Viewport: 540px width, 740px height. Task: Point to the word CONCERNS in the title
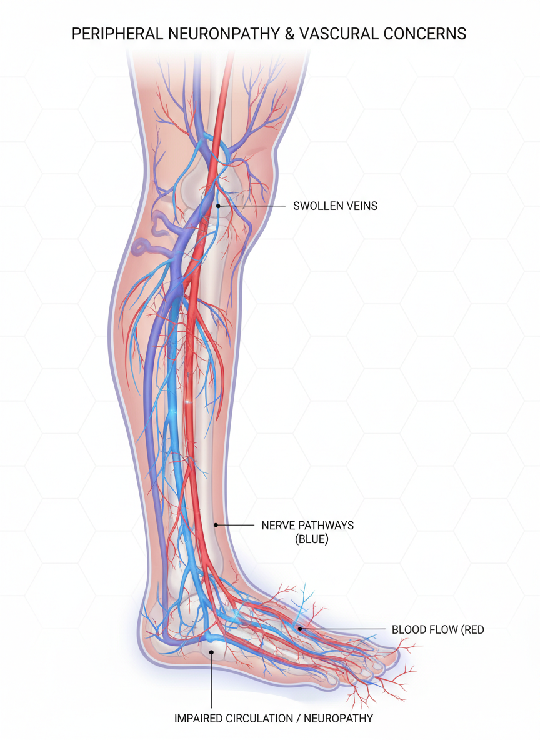click(429, 34)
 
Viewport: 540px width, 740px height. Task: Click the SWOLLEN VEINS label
click(335, 206)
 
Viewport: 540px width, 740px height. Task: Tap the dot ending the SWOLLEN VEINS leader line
click(218, 205)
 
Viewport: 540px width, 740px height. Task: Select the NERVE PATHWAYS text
click(307, 525)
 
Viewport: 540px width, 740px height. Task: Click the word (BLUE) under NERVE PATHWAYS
click(311, 539)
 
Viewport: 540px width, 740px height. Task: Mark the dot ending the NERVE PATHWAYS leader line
click(215, 524)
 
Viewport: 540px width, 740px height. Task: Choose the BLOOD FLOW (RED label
click(437, 629)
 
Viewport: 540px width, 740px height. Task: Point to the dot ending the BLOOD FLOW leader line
click(299, 629)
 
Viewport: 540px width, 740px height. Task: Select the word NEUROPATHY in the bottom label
click(342, 718)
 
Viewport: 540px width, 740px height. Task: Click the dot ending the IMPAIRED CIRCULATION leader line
click(212, 652)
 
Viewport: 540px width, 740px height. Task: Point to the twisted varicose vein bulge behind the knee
click(150, 241)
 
